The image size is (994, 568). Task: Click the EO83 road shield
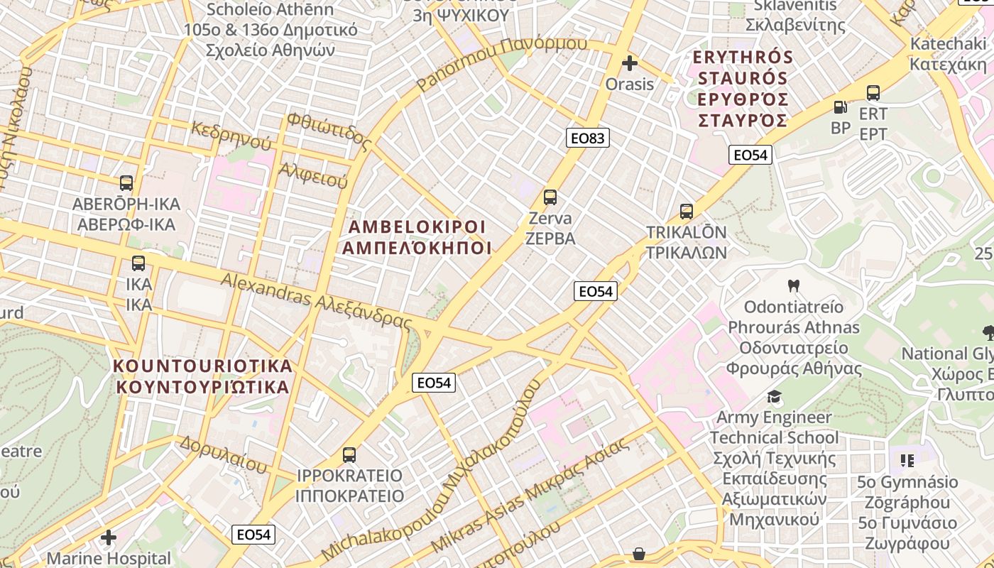588,138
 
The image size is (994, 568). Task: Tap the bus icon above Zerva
550,197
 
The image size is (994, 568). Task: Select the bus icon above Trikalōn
686,211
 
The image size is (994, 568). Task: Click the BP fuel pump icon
841,107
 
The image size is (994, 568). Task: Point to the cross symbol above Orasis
630,63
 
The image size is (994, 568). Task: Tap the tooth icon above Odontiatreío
794,286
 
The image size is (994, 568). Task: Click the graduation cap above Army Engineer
774,396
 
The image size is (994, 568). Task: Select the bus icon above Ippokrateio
349,454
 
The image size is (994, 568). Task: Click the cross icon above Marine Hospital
109,537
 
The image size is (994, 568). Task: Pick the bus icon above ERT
873,92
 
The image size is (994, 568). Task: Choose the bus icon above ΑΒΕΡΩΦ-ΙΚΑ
126,183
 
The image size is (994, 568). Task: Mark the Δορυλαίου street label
223,454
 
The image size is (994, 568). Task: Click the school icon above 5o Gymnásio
907,461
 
